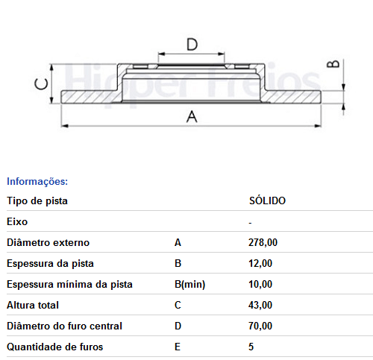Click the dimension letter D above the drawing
click(x=192, y=45)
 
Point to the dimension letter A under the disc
click(x=192, y=116)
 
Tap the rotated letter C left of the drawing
click(x=41, y=84)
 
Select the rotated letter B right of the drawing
click(x=333, y=64)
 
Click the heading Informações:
click(x=37, y=181)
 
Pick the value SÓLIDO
click(x=267, y=200)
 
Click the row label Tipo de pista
click(x=37, y=201)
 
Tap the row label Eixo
click(x=17, y=221)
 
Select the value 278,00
click(x=263, y=242)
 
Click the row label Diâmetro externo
click(x=48, y=242)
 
